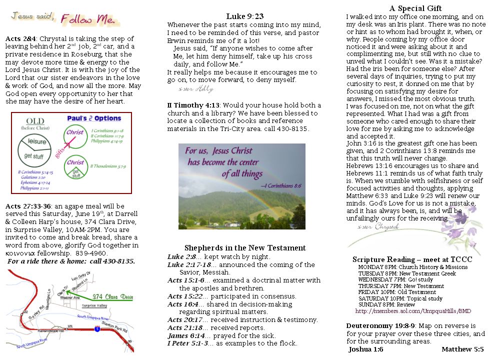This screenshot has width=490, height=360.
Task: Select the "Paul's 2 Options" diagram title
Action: (93, 118)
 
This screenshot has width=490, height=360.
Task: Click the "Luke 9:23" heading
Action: (244, 16)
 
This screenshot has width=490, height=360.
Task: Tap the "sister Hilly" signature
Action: (195, 89)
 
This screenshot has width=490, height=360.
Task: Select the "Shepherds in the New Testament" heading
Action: (244, 248)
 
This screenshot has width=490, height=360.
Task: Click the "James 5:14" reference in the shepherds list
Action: (182, 335)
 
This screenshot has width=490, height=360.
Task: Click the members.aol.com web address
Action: (413, 310)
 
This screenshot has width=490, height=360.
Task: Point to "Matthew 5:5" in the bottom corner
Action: (462, 349)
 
